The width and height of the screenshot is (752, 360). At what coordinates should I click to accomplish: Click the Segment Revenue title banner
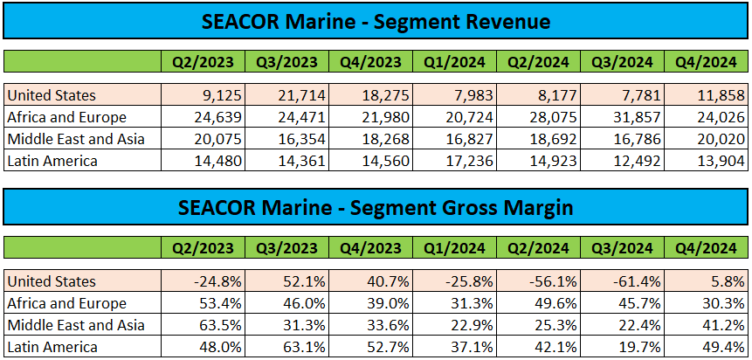point(376,20)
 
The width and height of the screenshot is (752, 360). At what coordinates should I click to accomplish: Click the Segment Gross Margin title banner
point(376,207)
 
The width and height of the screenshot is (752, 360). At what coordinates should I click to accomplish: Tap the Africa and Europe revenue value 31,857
point(623,117)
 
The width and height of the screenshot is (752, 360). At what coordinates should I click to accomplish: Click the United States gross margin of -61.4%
point(623,282)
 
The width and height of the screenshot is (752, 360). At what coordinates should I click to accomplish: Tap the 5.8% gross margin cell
point(707,282)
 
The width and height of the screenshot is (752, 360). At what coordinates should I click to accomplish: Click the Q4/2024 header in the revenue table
point(707,62)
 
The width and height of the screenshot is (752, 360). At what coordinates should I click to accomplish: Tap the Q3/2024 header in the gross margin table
point(623,248)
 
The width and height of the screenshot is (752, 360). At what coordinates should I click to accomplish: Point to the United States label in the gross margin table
point(51,282)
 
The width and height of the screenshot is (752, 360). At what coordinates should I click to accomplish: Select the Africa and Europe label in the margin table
point(66,303)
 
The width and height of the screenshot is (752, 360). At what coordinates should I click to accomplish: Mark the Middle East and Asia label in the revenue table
point(75,139)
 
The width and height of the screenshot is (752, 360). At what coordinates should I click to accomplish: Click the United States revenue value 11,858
point(707,95)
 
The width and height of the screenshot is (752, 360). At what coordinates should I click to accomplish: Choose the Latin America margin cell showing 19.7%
point(623,347)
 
